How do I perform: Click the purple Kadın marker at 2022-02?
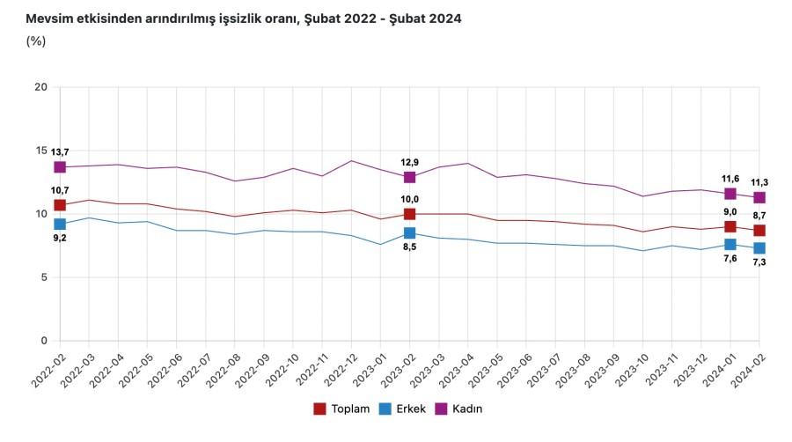[60, 167]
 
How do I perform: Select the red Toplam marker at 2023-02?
[409, 214]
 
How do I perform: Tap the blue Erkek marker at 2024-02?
[759, 248]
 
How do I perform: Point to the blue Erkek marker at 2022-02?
[60, 225]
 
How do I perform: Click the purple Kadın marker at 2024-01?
[730, 194]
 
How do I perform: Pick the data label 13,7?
[60, 152]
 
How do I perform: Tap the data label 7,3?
[759, 262]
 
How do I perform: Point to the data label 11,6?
[730, 179]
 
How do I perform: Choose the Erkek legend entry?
[404, 409]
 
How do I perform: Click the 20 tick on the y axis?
[40, 87]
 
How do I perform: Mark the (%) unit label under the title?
[36, 41]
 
